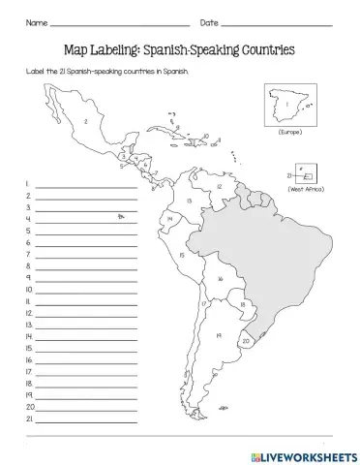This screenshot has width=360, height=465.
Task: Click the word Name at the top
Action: [x=35, y=22]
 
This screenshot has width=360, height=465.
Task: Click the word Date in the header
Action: [x=209, y=22]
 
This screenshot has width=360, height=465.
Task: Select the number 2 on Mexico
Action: [x=86, y=121]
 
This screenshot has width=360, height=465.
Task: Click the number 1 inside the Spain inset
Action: [x=285, y=102]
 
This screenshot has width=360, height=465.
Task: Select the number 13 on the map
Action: [x=190, y=200]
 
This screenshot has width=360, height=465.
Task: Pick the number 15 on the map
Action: [x=182, y=254]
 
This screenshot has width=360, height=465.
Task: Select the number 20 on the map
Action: [x=247, y=341]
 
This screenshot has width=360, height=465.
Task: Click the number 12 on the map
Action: [x=221, y=186]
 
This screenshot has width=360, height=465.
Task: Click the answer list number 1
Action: [x=29, y=182]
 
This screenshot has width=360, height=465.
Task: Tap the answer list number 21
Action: [x=29, y=419]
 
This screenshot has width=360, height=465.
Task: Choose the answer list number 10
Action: [x=29, y=289]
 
